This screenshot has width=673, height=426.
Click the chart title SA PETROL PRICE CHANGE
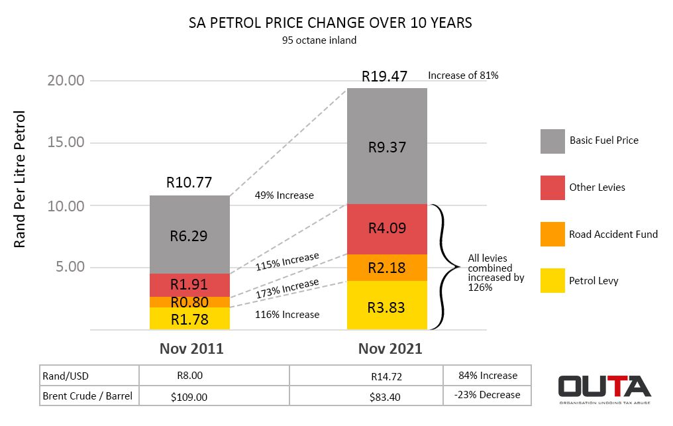pos(330,23)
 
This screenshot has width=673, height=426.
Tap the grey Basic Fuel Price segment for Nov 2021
pos(387,146)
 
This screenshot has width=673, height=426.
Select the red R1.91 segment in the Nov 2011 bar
pos(189,285)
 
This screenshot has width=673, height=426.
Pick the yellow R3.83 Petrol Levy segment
pos(387,307)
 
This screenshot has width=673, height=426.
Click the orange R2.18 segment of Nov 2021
pos(387,268)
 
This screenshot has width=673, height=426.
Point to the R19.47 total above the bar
pos(384,76)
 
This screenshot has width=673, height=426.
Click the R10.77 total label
pos(189,183)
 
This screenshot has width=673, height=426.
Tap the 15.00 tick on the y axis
pos(66,142)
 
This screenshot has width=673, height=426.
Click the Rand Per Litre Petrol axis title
pos(19,180)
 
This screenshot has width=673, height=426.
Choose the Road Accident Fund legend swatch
pos(552,234)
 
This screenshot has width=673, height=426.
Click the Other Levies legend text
pos(597,187)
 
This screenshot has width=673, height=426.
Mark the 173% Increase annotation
pos(287,287)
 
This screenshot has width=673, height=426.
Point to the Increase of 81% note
pos(463,76)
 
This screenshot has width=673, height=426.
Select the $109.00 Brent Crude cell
pos(190,396)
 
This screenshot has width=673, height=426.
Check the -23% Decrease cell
pos(487,395)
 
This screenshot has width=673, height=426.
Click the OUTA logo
pos(604,388)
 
